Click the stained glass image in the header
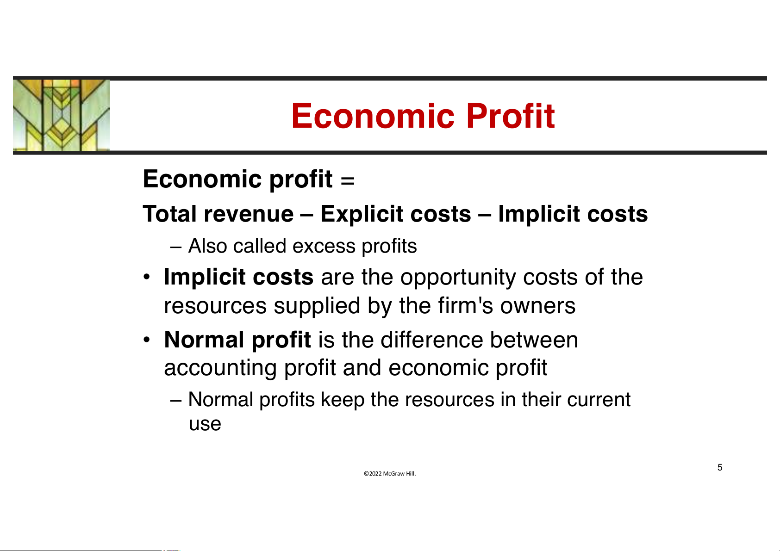[61, 115]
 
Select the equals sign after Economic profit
[348, 181]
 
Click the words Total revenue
[218, 213]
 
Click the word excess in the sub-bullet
[324, 246]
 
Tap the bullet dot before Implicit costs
[147, 278]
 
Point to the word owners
[538, 306]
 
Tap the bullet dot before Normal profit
[147, 340]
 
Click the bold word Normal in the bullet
[204, 340]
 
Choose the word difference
[432, 340]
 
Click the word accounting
[220, 368]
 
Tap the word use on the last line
[205, 424]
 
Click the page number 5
[720, 467]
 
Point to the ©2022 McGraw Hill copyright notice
[390, 473]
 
